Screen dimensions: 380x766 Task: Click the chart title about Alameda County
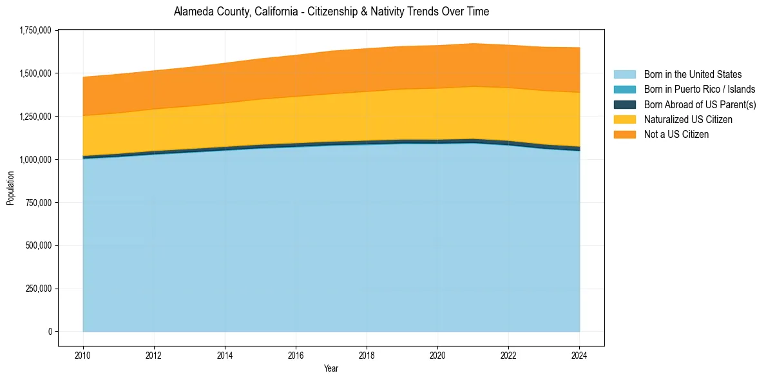(331, 12)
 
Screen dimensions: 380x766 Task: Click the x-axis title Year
(330, 369)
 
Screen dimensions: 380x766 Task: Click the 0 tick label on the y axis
(49, 332)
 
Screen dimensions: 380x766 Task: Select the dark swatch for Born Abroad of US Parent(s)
(624, 104)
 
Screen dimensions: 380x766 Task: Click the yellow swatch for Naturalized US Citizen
(624, 119)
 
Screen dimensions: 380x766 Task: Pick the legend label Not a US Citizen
(676, 134)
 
